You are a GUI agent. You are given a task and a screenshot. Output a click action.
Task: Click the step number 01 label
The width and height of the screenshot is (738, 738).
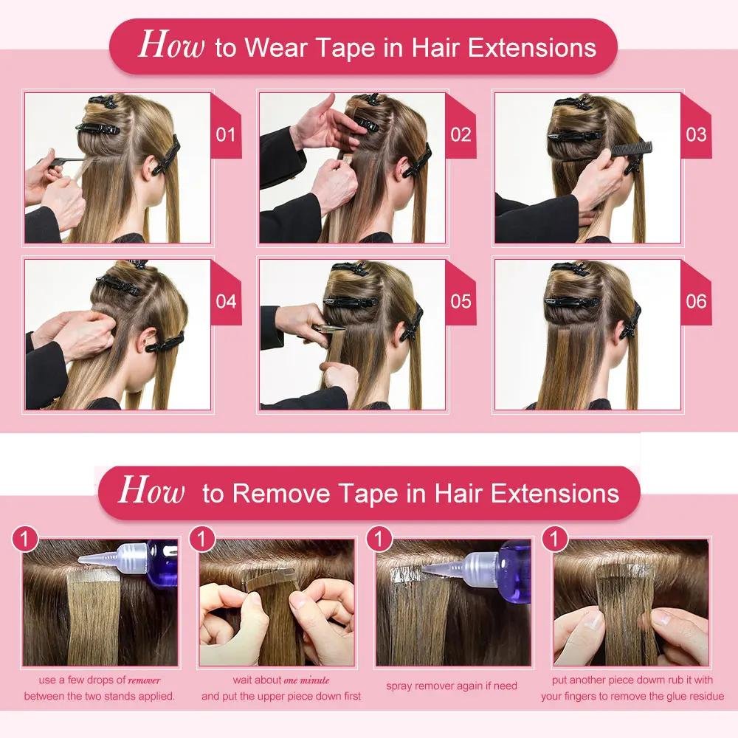tap(226, 135)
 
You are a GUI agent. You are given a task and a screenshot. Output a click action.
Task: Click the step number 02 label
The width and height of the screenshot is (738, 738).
tap(461, 135)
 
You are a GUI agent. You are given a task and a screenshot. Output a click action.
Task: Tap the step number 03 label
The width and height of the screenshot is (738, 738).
tap(696, 135)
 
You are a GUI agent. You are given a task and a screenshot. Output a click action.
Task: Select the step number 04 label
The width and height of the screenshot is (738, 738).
tap(226, 302)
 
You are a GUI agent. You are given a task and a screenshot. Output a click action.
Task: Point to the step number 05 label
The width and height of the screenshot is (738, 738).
tap(461, 302)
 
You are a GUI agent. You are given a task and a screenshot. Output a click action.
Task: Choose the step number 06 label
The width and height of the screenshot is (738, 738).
tap(696, 302)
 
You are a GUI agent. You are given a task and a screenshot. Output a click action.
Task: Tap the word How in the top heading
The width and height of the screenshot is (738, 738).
tap(170, 45)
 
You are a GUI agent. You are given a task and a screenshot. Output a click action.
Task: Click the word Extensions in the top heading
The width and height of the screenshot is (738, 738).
tap(532, 48)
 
